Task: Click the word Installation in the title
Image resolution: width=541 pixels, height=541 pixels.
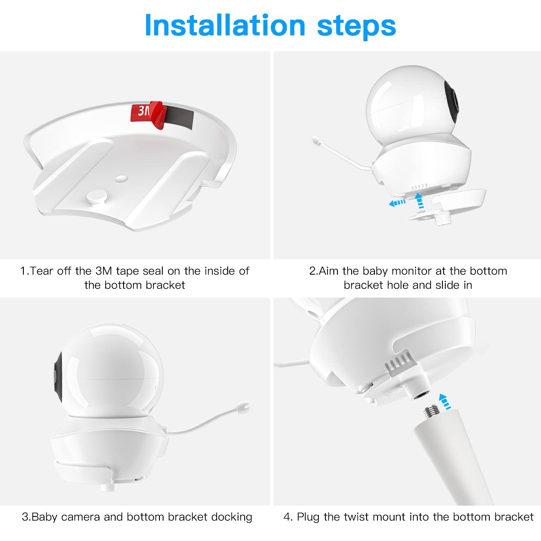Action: click(225, 26)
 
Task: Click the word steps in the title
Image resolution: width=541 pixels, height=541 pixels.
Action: click(356, 26)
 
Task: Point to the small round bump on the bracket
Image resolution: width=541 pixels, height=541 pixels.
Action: click(122, 178)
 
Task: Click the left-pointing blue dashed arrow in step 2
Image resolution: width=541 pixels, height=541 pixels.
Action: click(397, 203)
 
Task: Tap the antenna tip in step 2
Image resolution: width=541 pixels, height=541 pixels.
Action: click(316, 141)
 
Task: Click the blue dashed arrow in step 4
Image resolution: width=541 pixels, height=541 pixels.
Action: click(445, 402)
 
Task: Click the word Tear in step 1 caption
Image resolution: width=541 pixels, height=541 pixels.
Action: click(42, 271)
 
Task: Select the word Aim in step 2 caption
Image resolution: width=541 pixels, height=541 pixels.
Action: click(329, 271)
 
